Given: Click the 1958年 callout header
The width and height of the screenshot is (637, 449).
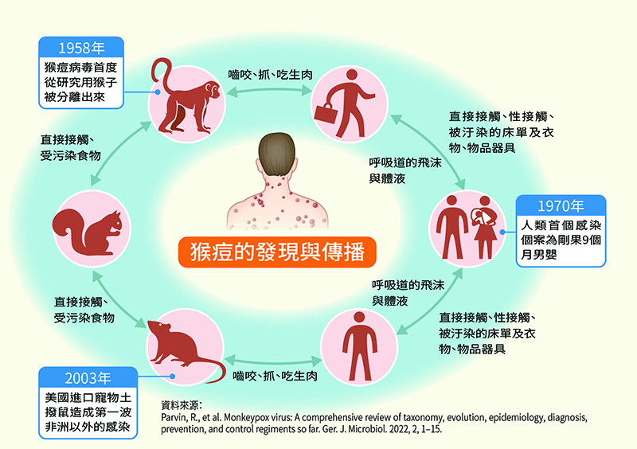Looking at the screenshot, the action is [x=81, y=48].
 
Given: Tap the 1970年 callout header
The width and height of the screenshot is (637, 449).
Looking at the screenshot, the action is [x=561, y=205].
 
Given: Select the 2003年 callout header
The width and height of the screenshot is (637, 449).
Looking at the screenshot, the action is [x=88, y=378].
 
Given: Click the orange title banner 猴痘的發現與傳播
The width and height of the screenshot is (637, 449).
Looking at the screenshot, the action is [x=277, y=252].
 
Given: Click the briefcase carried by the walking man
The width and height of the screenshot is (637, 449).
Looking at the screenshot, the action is [x=326, y=113].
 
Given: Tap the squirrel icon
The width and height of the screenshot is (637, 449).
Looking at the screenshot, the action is [x=88, y=232].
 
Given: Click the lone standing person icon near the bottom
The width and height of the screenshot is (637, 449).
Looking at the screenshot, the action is [x=360, y=346].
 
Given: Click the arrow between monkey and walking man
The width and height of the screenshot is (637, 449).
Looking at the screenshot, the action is [x=269, y=92].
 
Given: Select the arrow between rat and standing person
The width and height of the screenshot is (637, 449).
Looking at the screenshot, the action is [x=273, y=361].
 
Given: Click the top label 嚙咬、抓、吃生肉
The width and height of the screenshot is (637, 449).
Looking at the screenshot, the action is [x=270, y=75].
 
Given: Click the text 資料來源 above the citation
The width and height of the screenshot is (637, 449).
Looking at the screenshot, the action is [x=180, y=405].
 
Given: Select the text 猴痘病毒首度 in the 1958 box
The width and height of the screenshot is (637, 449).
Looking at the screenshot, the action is [x=80, y=67].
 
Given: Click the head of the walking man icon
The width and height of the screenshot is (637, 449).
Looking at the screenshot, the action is [x=351, y=75].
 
